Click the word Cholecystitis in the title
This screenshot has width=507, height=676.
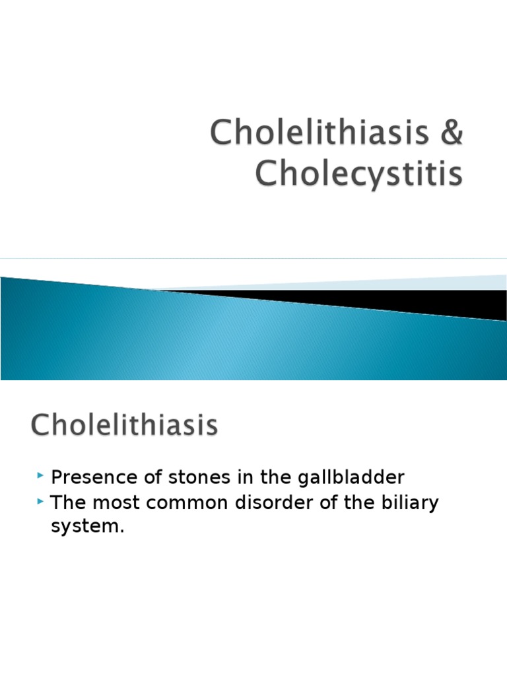(359, 174)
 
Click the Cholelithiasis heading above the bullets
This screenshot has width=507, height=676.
(123, 425)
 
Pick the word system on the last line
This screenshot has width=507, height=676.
(86, 529)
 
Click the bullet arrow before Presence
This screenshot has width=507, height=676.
(42, 476)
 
